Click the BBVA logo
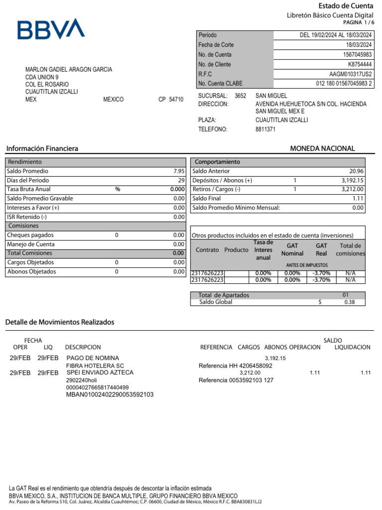pyautogui.click(x=51, y=29)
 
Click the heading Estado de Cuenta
pyautogui.click(x=346, y=6)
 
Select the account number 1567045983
pyautogui.click(x=357, y=55)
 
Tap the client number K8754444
pyautogui.click(x=360, y=64)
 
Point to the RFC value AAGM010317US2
pyautogui.click(x=351, y=74)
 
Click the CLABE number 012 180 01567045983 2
pyautogui.click(x=344, y=84)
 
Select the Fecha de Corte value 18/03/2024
pyautogui.click(x=358, y=45)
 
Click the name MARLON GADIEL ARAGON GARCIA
pyautogui.click(x=69, y=70)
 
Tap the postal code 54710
pyautogui.click(x=176, y=100)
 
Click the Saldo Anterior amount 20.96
pyautogui.click(x=356, y=171)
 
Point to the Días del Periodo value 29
pyautogui.click(x=181, y=180)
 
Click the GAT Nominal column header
pyautogui.click(x=292, y=250)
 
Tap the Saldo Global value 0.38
pyautogui.click(x=350, y=302)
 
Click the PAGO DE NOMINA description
pyautogui.click(x=93, y=358)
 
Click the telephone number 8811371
pyautogui.click(x=265, y=129)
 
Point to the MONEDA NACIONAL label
pyautogui.click(x=322, y=148)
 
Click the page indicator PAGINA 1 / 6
pyautogui.click(x=358, y=23)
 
